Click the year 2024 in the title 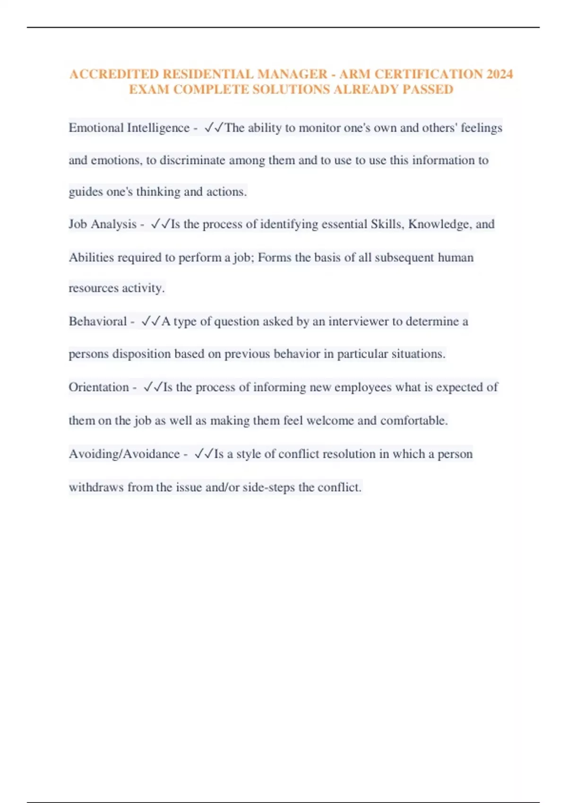tap(499, 74)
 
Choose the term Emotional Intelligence tap(129, 128)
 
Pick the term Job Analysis tap(103, 224)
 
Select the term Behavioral tap(98, 322)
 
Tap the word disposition tap(141, 354)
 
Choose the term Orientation tap(99, 387)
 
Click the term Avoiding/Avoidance tap(124, 454)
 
